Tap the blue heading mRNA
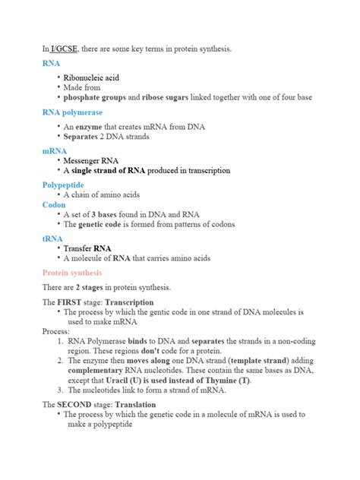[x=54, y=151]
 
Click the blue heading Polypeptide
[x=63, y=185]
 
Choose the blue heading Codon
[x=54, y=204]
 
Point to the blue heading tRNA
[x=53, y=238]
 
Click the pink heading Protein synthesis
[x=72, y=273]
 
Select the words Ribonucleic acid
[x=91, y=77]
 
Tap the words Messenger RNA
[x=93, y=161]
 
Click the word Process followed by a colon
[x=56, y=332]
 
